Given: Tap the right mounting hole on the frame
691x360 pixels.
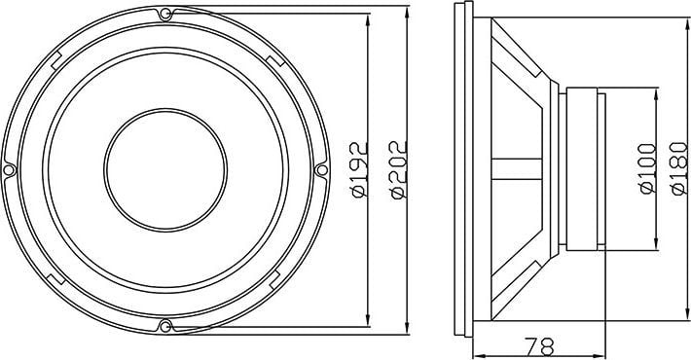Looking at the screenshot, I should (322, 168).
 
